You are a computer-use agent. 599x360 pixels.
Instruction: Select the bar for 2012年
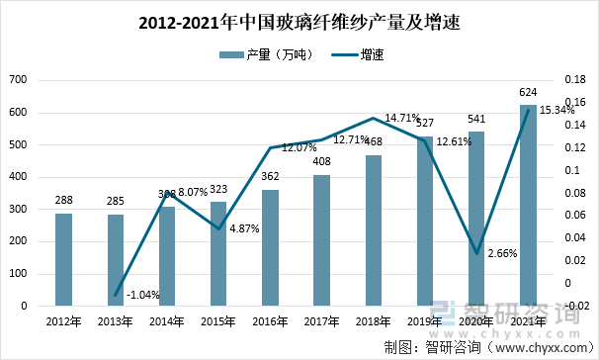pyautogui.click(x=63, y=259)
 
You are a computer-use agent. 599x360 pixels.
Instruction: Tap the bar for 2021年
pyautogui.click(x=529, y=205)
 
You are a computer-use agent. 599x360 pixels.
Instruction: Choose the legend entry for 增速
pyautogui.click(x=362, y=55)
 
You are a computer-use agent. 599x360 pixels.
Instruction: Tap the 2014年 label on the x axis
pyautogui.click(x=167, y=321)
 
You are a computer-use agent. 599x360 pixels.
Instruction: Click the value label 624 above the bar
pyautogui.click(x=529, y=93)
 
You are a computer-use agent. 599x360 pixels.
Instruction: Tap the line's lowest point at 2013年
pyautogui.click(x=116, y=295)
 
